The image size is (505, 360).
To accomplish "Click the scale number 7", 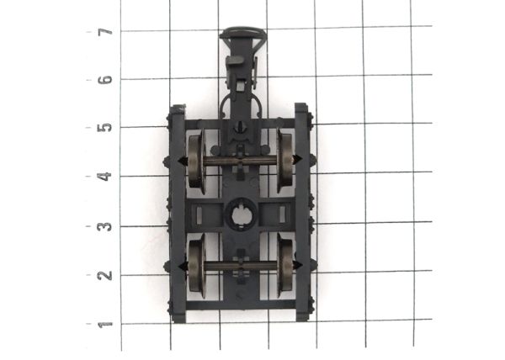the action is pos(105,31).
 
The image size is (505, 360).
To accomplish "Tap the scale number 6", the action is pos(105,80).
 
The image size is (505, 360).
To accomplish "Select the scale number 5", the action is pos(105,128).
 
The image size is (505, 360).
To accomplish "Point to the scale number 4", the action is pos(105,177).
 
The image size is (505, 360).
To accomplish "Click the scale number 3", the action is pos(105,226).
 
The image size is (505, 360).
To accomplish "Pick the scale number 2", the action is pos(105,275).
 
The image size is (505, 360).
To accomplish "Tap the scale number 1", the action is pos(105,325).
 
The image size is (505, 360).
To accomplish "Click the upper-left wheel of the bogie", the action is pos(195,161).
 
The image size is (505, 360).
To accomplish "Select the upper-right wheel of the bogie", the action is pos(285,161).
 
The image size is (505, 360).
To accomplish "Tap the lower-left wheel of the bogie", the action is pos(196,266).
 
